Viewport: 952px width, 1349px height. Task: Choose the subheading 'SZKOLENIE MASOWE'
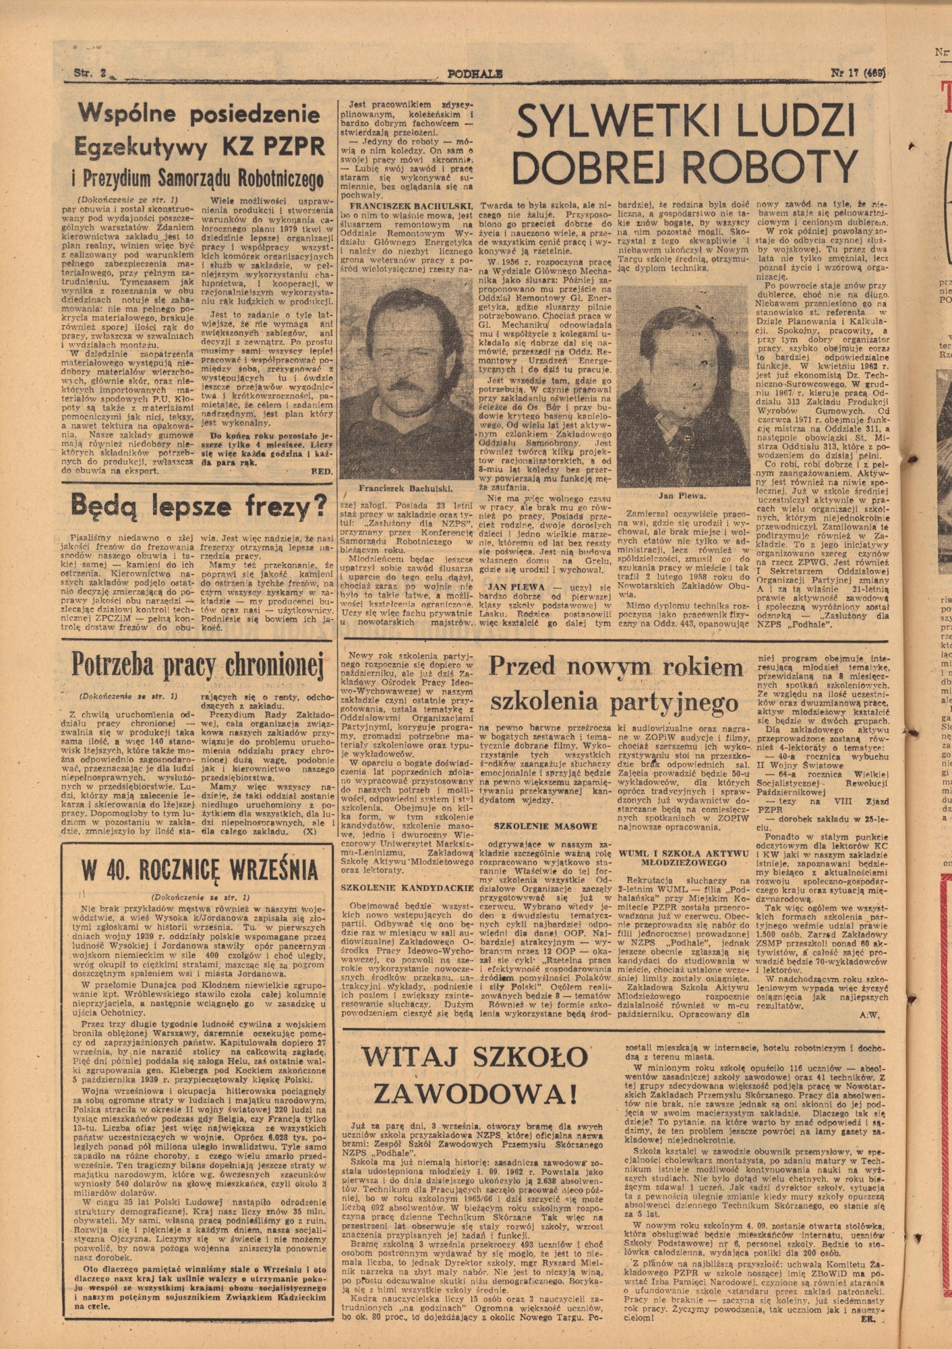pos(545,826)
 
